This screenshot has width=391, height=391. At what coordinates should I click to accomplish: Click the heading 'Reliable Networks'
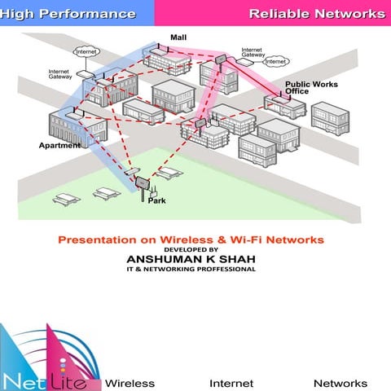(317, 14)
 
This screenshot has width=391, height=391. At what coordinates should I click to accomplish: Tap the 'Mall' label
(178, 37)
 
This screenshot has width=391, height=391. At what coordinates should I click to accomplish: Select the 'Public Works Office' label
(307, 87)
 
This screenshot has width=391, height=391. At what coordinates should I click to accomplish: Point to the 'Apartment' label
(59, 146)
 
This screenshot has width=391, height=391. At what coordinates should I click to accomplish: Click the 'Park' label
(156, 200)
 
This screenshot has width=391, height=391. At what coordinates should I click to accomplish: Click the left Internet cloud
(86, 52)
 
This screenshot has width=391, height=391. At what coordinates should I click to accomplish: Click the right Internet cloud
(276, 61)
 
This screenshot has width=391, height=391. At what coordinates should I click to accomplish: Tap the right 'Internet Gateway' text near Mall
(253, 53)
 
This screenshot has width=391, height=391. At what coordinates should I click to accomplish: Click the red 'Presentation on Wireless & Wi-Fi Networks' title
(191, 239)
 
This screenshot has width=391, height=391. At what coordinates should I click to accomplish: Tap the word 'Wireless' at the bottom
(130, 383)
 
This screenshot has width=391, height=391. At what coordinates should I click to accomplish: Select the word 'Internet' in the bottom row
(231, 383)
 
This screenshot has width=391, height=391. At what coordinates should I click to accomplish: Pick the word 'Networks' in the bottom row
(340, 383)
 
